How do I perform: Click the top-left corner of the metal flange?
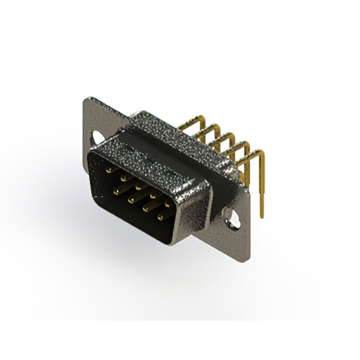click(85, 100)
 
